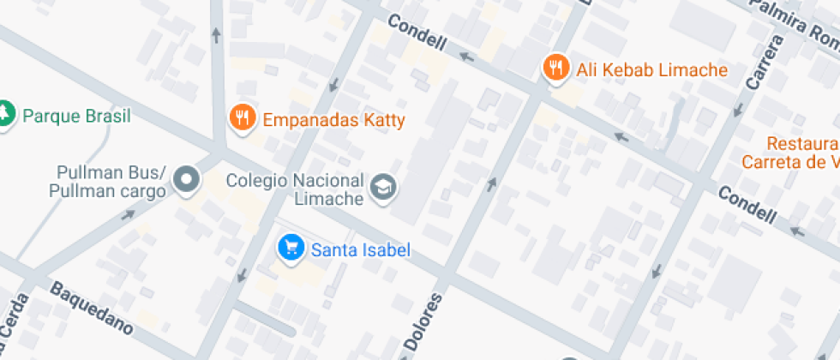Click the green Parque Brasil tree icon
(6, 114)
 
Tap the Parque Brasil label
(77, 116)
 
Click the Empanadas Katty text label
(333, 120)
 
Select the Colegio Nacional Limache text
(296, 189)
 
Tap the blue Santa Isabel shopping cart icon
(291, 249)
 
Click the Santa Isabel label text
(360, 250)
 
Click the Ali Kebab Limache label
(651, 70)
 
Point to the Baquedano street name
(92, 309)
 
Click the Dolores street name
(422, 323)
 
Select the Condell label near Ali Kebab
(417, 33)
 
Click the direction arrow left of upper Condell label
(467, 57)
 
